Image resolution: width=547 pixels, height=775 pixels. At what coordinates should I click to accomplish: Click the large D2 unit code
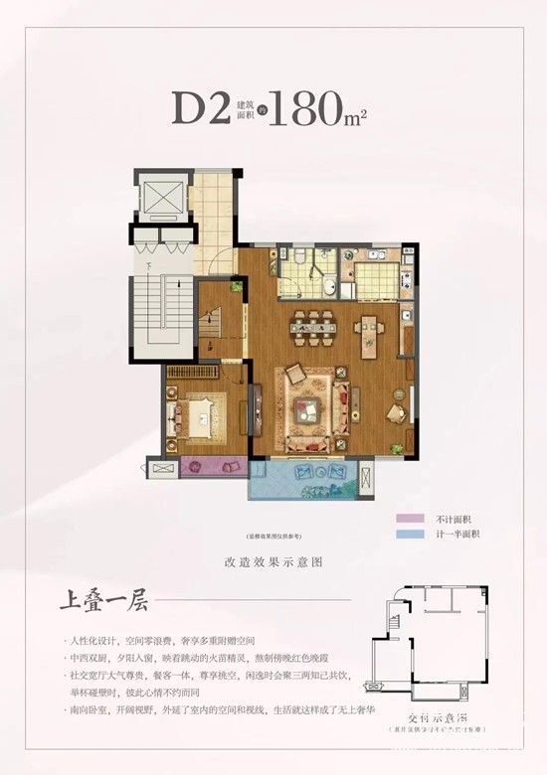(201, 107)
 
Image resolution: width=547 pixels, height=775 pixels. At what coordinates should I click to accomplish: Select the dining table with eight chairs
(314, 324)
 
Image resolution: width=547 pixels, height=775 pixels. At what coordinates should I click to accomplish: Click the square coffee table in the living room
(311, 407)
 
